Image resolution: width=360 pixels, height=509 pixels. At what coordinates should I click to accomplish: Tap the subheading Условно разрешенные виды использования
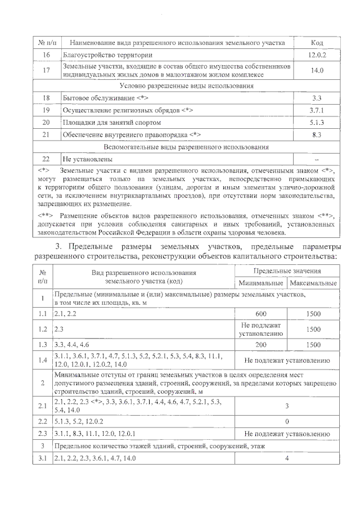click(x=187, y=85)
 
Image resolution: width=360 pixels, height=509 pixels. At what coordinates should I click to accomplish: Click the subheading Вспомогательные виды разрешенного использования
click(x=187, y=147)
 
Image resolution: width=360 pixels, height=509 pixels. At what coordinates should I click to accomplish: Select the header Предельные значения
click(x=287, y=272)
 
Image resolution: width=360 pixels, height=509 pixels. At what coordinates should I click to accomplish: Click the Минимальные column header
click(x=260, y=283)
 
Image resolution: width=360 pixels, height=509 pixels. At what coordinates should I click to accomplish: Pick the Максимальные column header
click(x=313, y=283)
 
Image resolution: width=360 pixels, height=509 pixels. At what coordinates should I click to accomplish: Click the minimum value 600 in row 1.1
click(x=260, y=314)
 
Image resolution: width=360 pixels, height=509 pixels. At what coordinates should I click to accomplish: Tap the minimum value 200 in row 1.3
click(x=260, y=344)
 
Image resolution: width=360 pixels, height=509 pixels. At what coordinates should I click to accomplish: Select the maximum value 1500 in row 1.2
click(x=313, y=329)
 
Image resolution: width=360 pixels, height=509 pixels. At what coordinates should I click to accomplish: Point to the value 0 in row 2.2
click(x=287, y=421)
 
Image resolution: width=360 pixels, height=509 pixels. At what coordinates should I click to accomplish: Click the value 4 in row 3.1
click(x=287, y=459)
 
